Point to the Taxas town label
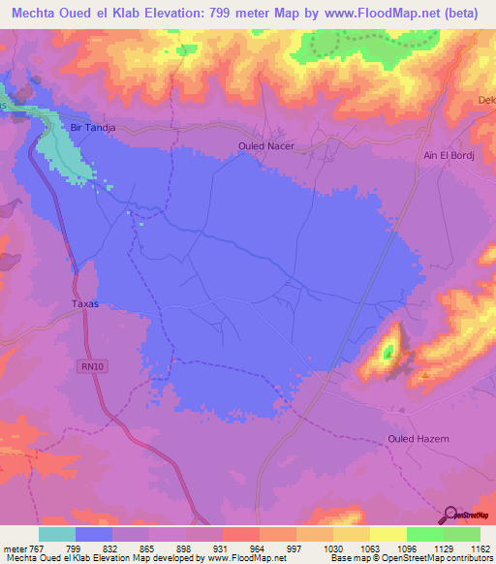85,303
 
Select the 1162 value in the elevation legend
480,548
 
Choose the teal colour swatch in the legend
57,534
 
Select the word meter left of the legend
14,548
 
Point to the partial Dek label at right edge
486,100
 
